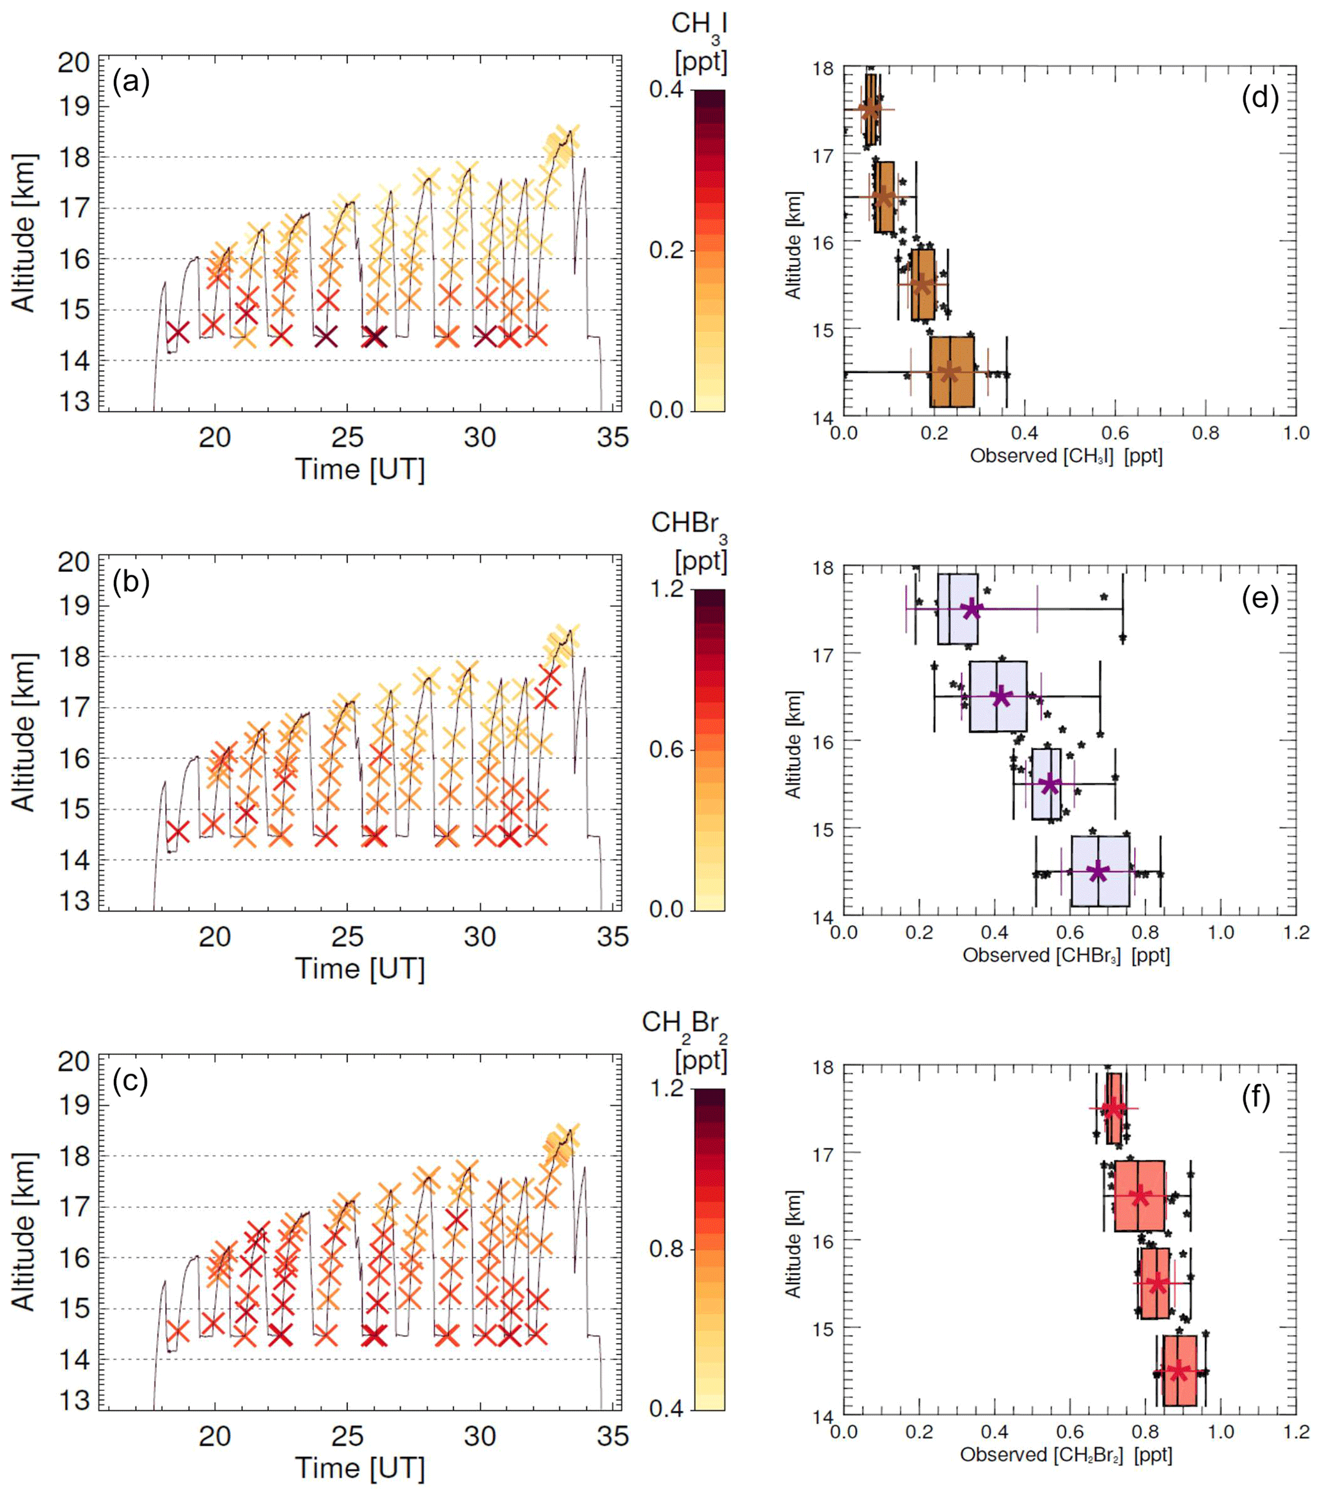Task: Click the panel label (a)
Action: click(130, 83)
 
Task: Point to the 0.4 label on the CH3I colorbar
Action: click(666, 90)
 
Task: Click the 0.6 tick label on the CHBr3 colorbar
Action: click(666, 749)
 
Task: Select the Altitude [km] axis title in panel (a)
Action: click(24, 233)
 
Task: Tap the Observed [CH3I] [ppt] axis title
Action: click(1066, 456)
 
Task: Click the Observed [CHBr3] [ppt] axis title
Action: click(1066, 955)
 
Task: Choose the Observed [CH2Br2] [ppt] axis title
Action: click(1066, 1455)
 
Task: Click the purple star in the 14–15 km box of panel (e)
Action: click(1098, 871)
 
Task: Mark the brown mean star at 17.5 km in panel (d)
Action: click(870, 109)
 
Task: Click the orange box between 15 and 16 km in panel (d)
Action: click(923, 285)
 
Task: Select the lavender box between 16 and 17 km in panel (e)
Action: click(998, 696)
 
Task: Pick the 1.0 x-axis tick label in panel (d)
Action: click(1296, 433)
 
